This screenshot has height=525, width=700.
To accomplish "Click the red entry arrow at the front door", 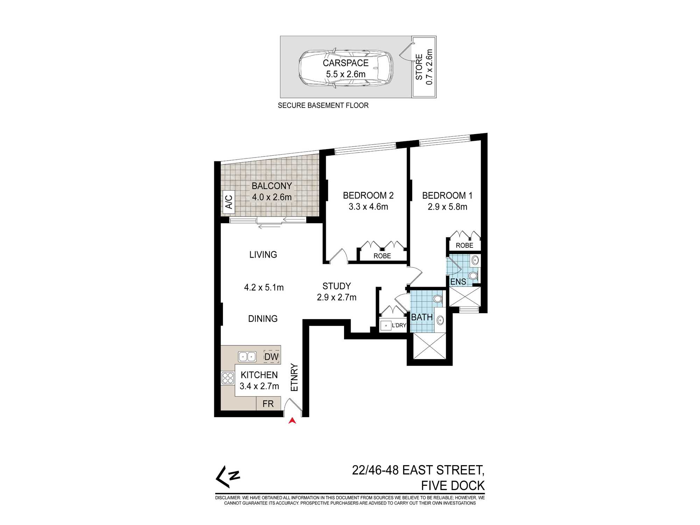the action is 292,421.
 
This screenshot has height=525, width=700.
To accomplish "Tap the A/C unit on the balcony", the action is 229,202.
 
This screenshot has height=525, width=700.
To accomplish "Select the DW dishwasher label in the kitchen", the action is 272,357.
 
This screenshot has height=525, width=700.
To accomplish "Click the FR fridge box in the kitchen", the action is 268,404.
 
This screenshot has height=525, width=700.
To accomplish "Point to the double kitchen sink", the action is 247,357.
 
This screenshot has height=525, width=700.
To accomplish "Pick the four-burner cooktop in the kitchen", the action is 228,378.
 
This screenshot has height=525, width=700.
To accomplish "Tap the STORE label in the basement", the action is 419,67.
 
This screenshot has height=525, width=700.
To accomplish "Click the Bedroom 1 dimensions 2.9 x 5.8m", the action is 447,207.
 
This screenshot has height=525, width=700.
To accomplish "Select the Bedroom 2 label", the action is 368,195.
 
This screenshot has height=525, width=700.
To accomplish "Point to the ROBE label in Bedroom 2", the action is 382,256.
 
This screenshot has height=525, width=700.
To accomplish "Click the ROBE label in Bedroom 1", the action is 464,245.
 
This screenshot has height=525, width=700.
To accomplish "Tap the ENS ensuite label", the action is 458,282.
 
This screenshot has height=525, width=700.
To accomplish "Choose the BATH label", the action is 422,317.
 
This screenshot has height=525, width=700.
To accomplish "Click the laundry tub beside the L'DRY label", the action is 386,325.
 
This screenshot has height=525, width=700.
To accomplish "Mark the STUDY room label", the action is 337,286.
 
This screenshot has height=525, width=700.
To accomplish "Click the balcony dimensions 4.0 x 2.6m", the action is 272,197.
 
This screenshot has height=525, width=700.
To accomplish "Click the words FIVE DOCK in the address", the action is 453,485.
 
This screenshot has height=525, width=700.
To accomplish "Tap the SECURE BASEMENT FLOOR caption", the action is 323,105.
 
